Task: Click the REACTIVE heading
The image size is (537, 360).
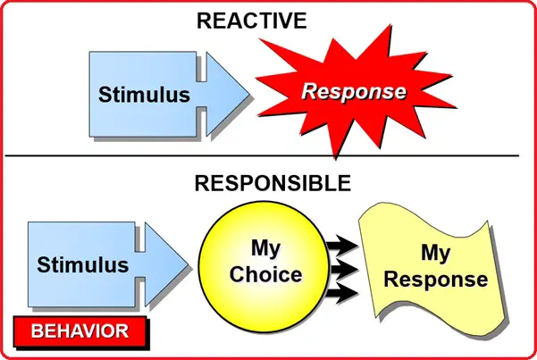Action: click(252, 21)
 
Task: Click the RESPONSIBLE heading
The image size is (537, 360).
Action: click(273, 183)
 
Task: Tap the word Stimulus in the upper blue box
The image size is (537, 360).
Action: click(144, 95)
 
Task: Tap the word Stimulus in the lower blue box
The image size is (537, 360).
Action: click(83, 264)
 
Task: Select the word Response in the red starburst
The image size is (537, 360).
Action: click(354, 92)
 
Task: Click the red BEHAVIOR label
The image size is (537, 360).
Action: click(80, 331)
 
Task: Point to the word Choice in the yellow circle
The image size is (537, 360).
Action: click(266, 274)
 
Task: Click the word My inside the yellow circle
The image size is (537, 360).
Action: click(265, 248)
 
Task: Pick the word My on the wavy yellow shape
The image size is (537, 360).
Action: click(436, 254)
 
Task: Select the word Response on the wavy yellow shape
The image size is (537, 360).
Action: click(436, 280)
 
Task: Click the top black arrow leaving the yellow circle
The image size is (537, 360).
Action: click(342, 246)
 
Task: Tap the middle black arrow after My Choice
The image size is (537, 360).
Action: click(343, 269)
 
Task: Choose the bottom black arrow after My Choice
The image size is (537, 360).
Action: click(342, 293)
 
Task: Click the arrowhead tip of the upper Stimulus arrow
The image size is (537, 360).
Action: click(249, 93)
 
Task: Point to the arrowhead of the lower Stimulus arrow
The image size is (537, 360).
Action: click(166, 264)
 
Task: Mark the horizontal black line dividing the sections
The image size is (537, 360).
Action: click(262, 155)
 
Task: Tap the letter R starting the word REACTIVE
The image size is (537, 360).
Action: click(204, 21)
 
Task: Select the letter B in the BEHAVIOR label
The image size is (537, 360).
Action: click(37, 331)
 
